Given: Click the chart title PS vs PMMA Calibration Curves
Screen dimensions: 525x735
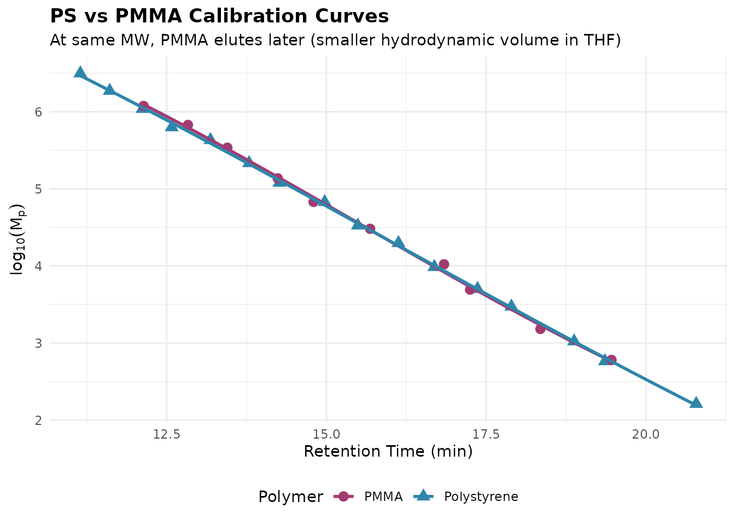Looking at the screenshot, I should pos(219,16).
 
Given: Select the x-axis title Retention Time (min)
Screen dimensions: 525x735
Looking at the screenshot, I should pos(388,452).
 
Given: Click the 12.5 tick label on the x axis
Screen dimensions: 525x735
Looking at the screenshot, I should pos(166,434).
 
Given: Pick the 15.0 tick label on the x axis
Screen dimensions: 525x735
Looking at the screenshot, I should pos(326,434).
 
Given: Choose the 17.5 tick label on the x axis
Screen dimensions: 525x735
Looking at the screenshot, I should pos(486,434).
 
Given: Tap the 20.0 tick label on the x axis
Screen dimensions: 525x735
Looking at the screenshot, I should pos(646,434).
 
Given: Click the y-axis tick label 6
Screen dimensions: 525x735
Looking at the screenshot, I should pos(39,112).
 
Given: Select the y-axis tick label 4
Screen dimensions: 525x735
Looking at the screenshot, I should pos(39,266).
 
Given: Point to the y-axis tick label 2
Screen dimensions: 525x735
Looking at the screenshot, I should pos(39,421).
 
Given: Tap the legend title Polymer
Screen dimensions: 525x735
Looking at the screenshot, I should pos(290,497).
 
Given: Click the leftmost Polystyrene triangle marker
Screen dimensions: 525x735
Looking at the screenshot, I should pos(80,73).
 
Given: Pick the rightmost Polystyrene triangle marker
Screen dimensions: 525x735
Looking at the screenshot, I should pos(696,403).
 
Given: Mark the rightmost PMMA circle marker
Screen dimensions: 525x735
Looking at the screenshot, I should pos(611,360).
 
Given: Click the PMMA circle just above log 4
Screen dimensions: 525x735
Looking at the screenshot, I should pos(444,264).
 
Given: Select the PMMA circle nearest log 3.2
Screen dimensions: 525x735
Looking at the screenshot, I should pos(540,329).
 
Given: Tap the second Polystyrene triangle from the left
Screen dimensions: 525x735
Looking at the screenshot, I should pos(109,90).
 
